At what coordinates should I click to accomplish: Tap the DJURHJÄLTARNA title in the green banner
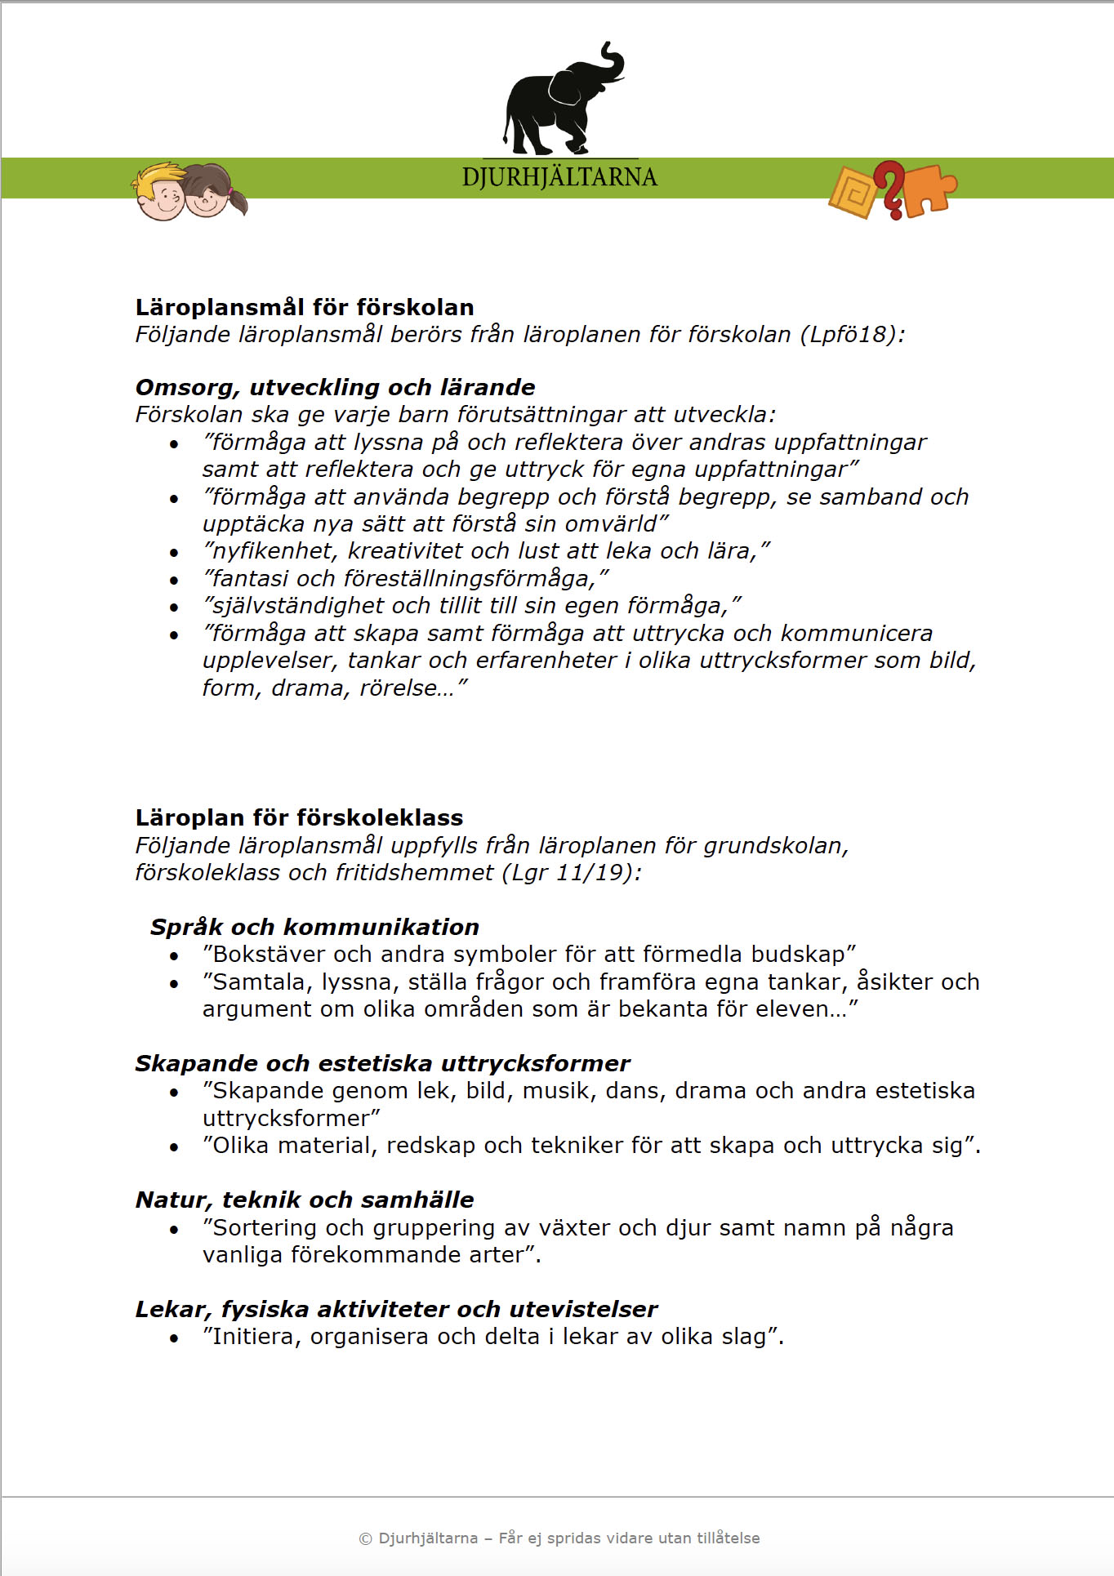click(x=559, y=177)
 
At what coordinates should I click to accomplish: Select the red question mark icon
click(x=890, y=189)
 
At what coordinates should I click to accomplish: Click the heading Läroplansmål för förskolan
click(x=305, y=307)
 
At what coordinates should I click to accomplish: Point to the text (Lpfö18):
click(x=852, y=335)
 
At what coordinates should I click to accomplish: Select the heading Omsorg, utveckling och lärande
click(x=335, y=387)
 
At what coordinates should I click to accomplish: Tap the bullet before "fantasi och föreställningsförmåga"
click(x=174, y=581)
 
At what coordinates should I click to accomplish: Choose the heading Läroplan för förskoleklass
click(x=299, y=817)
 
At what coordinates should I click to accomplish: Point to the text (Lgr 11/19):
click(x=576, y=873)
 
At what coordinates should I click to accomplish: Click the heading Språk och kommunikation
click(x=314, y=927)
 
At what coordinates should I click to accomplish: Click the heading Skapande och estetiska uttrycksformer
click(x=382, y=1063)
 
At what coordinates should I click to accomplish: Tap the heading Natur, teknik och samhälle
click(x=305, y=1200)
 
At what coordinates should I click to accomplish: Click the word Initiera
click(x=256, y=1337)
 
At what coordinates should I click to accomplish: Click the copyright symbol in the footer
click(x=365, y=1538)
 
